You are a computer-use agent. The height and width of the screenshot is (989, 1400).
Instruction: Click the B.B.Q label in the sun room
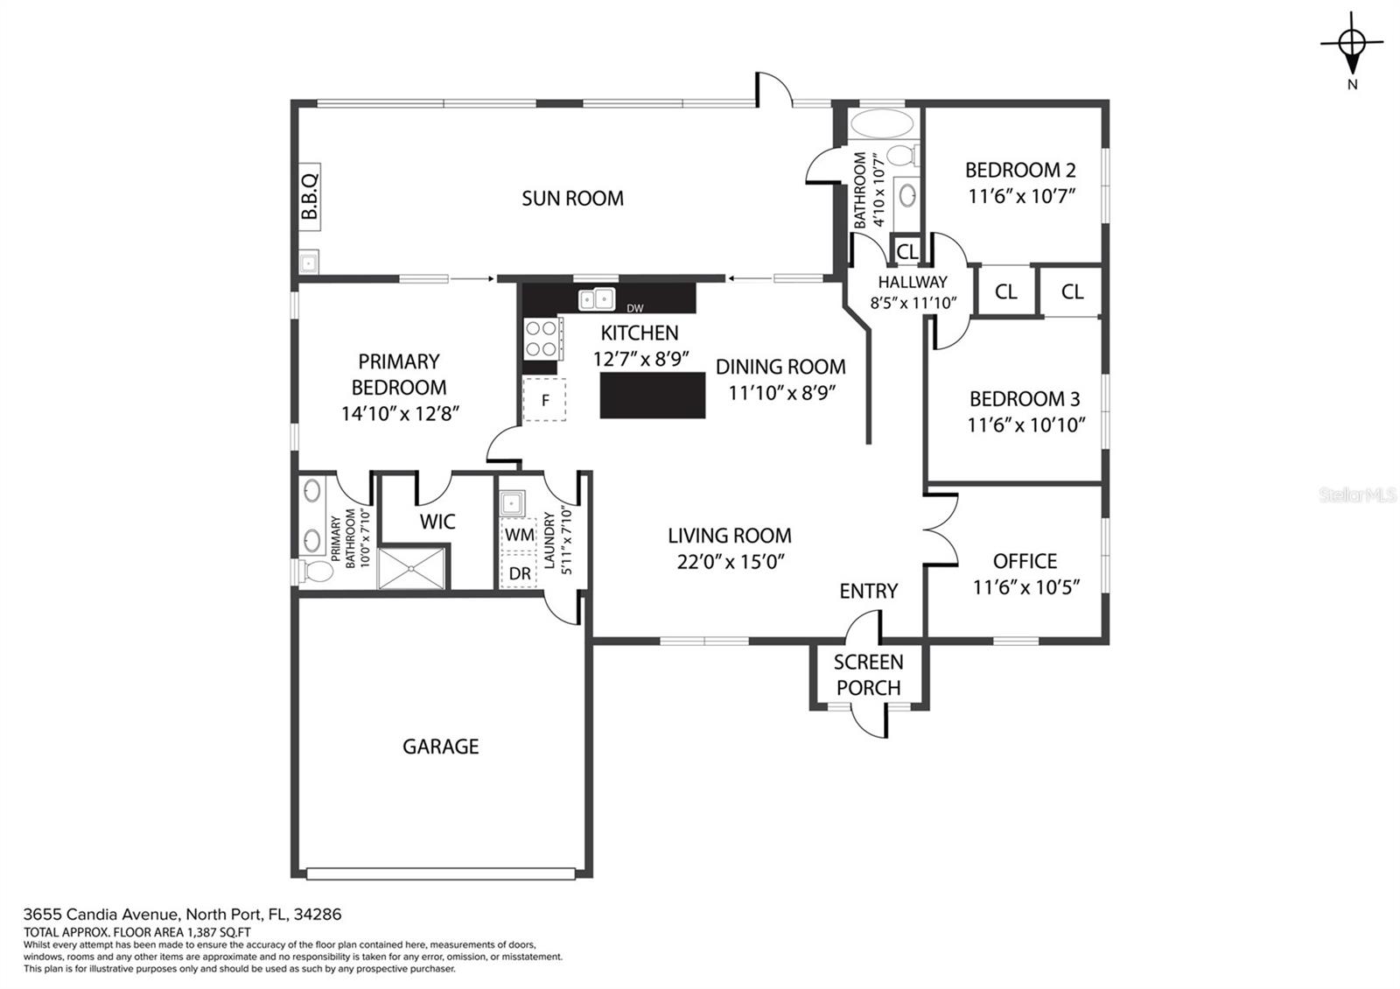pyautogui.click(x=310, y=197)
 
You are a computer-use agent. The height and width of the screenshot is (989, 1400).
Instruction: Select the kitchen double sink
pyautogui.click(x=596, y=298)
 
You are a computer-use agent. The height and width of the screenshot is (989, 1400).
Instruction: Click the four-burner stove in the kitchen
pyautogui.click(x=542, y=338)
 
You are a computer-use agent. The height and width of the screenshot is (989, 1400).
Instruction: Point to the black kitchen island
pyautogui.click(x=653, y=395)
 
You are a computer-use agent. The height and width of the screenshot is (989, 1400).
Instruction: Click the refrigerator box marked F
pyautogui.click(x=544, y=399)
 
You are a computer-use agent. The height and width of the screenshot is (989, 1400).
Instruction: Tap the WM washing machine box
pyautogui.click(x=519, y=535)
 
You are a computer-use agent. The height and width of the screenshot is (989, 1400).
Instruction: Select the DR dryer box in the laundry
pyautogui.click(x=519, y=572)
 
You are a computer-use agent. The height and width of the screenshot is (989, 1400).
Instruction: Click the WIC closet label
pyautogui.click(x=437, y=522)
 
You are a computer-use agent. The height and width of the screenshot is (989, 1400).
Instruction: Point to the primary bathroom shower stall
pyautogui.click(x=412, y=568)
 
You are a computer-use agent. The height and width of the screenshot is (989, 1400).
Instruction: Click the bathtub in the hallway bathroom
pyautogui.click(x=883, y=124)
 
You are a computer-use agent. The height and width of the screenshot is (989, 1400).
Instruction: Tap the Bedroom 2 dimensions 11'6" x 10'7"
pyautogui.click(x=1021, y=196)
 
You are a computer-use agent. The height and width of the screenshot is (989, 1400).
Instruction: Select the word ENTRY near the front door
pyautogui.click(x=868, y=591)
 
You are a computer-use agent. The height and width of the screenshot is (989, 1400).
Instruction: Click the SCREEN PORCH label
pyautogui.click(x=868, y=675)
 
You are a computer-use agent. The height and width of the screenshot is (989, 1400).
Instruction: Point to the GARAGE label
pyautogui.click(x=441, y=746)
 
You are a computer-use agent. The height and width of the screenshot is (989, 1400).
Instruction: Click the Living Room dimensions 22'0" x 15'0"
pyautogui.click(x=731, y=561)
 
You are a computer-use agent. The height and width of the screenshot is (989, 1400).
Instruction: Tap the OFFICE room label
pyautogui.click(x=1025, y=561)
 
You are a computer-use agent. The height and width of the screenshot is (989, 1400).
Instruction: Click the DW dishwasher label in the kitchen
pyautogui.click(x=635, y=307)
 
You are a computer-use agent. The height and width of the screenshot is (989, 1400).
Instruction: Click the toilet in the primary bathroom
pyautogui.click(x=318, y=571)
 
